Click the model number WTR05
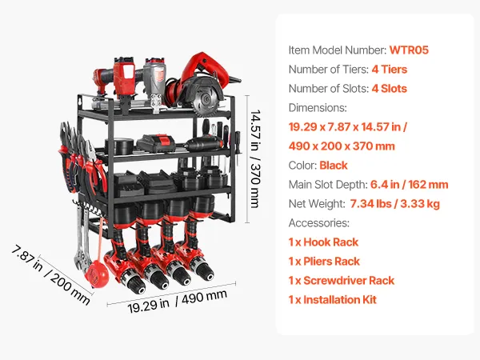point(409,50)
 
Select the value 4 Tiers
point(390,70)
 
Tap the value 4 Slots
point(390,89)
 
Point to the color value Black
point(334,166)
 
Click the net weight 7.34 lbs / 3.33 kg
point(395,204)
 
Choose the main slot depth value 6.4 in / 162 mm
point(410,185)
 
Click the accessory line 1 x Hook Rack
point(323,242)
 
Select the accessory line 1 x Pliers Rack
point(324,262)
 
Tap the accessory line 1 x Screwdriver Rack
point(342,281)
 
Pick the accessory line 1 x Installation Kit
point(333,300)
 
